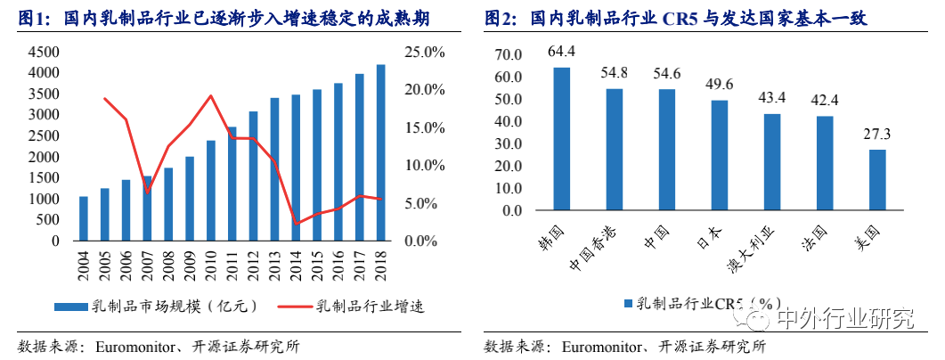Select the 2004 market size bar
(84, 218)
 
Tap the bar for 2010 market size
(211, 191)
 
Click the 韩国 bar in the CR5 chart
(562, 139)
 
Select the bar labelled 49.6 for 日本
(720, 155)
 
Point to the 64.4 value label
(562, 51)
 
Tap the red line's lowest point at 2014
(297, 224)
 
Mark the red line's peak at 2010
(211, 95)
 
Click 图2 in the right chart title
(501, 19)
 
